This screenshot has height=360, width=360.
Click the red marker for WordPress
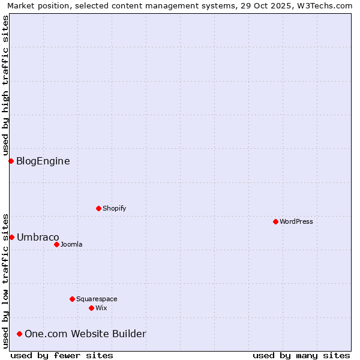click(275, 221)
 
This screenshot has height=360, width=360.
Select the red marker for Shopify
click(98, 208)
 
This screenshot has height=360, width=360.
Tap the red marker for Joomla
click(56, 244)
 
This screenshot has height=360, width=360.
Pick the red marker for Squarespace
click(72, 299)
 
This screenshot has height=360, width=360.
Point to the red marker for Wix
click(91, 308)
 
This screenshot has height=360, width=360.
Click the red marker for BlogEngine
click(11, 161)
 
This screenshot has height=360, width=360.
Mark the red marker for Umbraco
click(11, 237)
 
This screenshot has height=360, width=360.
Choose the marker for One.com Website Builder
click(20, 334)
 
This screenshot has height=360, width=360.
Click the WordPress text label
click(296, 221)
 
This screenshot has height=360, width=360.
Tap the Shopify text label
click(115, 208)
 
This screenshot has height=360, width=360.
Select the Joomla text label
click(71, 244)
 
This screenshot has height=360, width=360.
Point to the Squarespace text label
click(97, 299)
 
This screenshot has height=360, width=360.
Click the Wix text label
click(101, 308)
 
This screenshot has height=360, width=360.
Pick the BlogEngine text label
click(43, 161)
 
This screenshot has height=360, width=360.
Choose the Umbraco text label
click(38, 237)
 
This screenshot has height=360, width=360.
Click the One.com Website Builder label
click(85, 334)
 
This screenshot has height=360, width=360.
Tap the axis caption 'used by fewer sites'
click(62, 355)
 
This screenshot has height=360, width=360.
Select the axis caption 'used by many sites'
click(301, 355)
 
